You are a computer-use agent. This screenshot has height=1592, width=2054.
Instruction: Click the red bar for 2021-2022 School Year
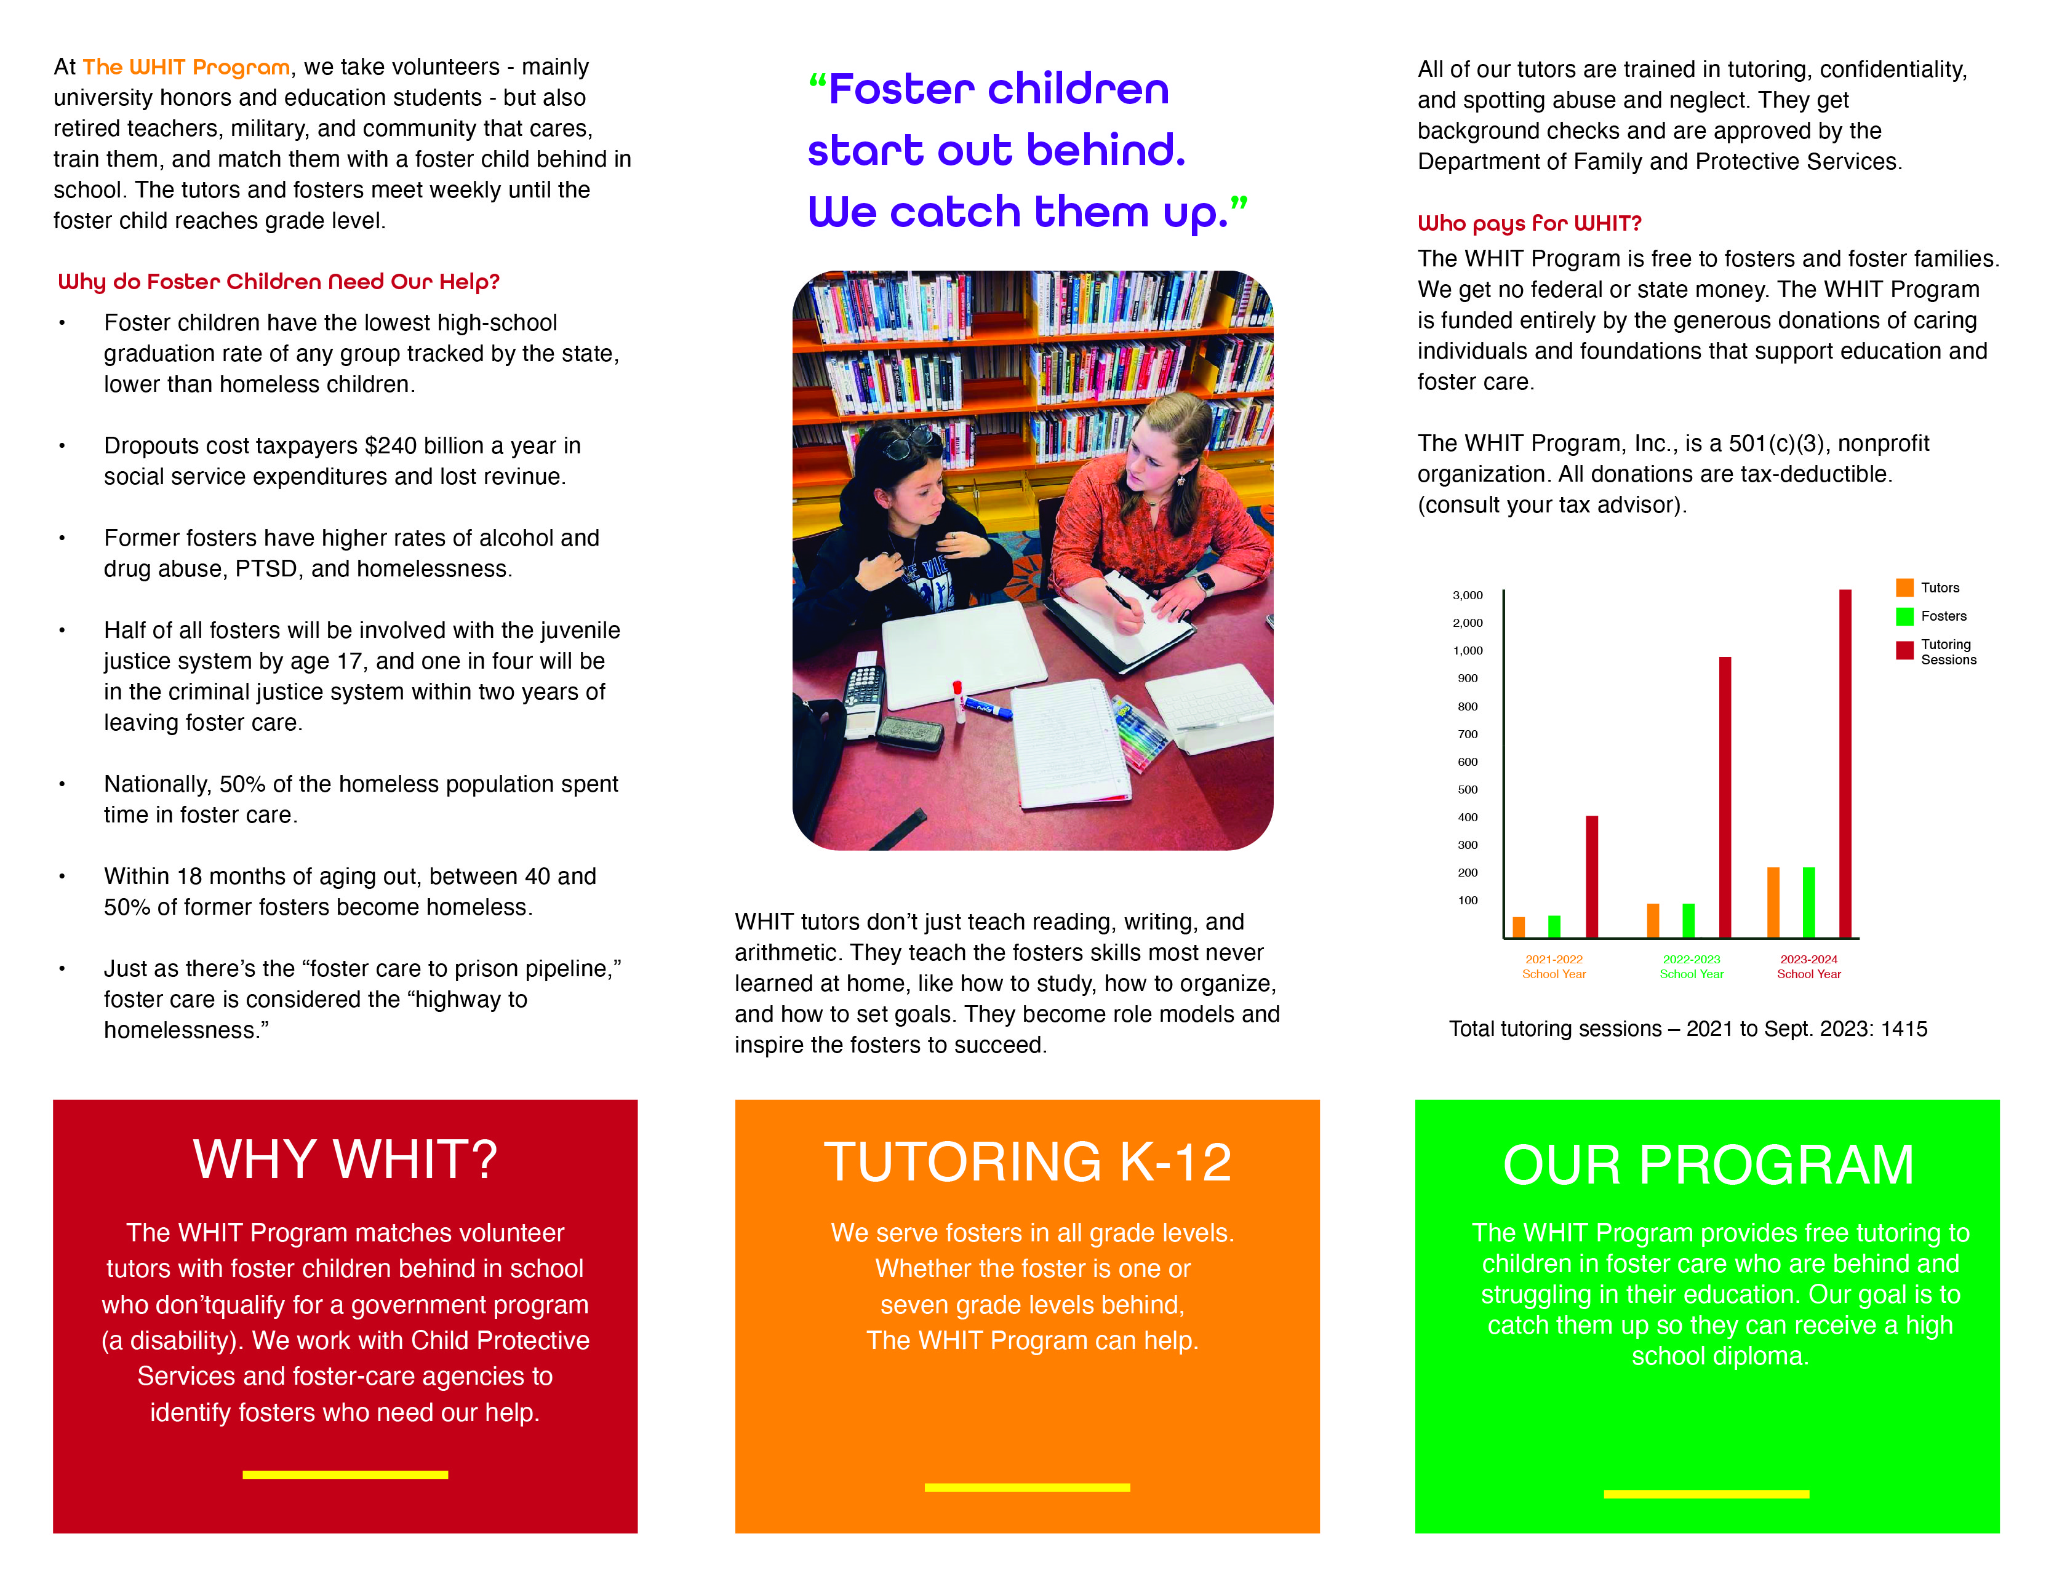coord(1591,877)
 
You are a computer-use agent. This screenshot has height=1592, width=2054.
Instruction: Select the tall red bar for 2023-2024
coord(1845,763)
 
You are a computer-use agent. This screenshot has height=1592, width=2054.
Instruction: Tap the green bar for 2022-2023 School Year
coord(1688,921)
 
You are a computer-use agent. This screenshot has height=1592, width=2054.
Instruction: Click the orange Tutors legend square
coord(1904,587)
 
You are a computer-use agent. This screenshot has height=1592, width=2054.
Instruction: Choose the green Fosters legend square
coord(1904,616)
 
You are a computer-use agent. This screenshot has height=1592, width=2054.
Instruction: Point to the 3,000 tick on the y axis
coord(1467,595)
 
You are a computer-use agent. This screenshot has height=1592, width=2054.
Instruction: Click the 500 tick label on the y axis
coord(1467,790)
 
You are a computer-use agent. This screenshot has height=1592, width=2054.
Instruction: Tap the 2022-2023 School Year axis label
coord(1691,966)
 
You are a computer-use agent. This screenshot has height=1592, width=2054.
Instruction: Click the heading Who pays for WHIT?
coord(1529,223)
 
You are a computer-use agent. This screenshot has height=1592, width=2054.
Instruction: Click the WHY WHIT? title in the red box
coord(345,1160)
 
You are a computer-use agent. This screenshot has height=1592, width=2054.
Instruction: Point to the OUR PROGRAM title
coord(1708,1165)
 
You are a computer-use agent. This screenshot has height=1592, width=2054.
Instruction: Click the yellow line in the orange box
coord(1027,1487)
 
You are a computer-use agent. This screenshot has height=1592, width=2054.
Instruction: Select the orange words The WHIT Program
coord(186,67)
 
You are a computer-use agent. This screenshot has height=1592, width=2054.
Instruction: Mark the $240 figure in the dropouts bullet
coord(396,446)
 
